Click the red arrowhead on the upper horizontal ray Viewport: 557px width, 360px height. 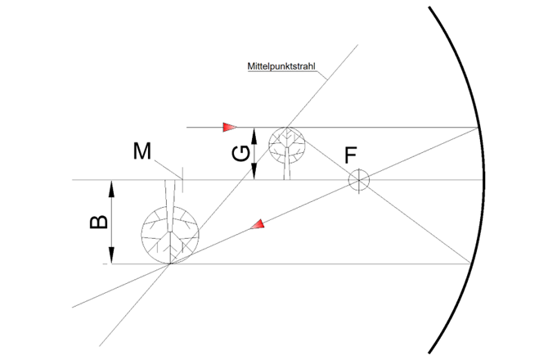(229, 128)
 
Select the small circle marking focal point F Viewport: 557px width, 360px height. (358, 180)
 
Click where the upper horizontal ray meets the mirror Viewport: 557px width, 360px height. (478, 128)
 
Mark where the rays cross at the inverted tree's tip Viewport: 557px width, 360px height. (169, 264)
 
